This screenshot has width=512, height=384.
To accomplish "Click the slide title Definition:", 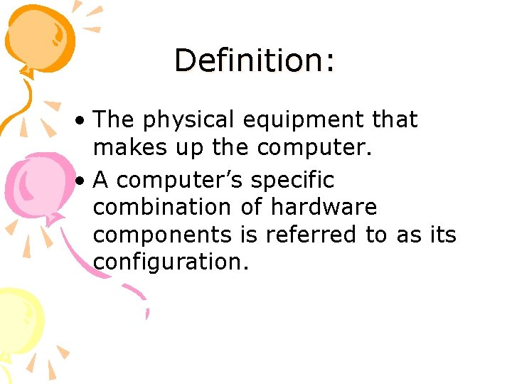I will click(x=254, y=60).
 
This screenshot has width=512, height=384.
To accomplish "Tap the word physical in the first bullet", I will click(x=190, y=121).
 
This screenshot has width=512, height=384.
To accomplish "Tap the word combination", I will click(x=161, y=208).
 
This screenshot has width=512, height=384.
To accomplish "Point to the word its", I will click(x=443, y=235).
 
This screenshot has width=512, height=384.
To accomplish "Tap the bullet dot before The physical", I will click(x=83, y=121).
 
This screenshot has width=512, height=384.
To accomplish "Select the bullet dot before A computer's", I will click(x=83, y=181).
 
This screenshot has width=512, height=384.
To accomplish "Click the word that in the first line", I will click(x=395, y=120).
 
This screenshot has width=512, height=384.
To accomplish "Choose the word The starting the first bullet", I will click(x=114, y=120).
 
